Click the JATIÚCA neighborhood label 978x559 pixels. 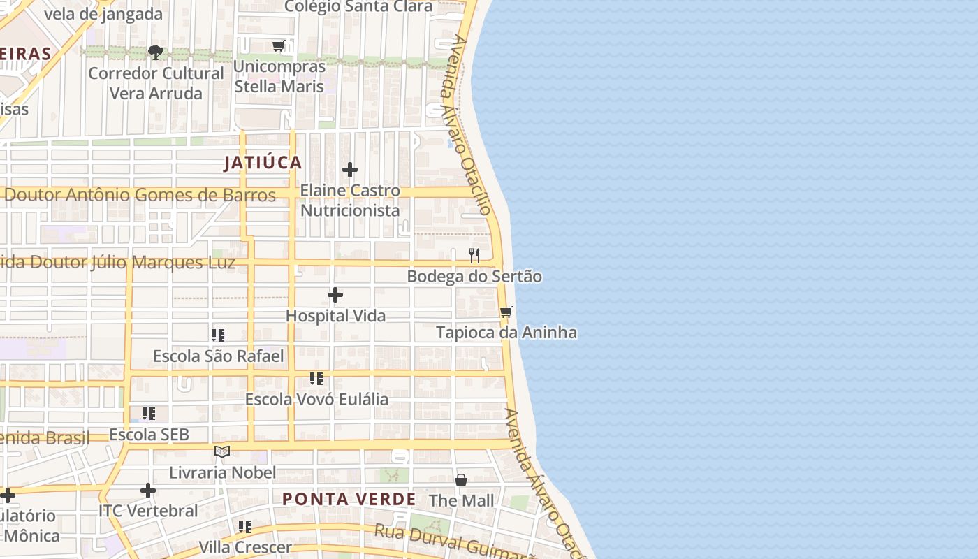[263, 163]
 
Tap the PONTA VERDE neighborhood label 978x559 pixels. [349, 500]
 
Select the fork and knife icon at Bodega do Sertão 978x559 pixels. [474, 255]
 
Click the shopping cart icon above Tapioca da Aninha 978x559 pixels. [506, 312]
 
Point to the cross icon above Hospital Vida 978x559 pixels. [335, 295]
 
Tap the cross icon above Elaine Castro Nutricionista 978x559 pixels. [350, 170]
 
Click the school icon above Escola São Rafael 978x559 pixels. [218, 335]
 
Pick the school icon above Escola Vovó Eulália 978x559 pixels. [316, 379]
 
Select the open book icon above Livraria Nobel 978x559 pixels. [222, 452]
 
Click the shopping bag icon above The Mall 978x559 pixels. [461, 480]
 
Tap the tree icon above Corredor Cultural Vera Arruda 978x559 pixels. [156, 52]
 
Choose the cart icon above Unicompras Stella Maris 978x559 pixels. [279, 46]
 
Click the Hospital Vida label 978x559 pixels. [335, 316]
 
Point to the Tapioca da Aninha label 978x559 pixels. [506, 333]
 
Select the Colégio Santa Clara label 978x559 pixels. [358, 7]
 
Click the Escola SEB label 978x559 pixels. [149, 435]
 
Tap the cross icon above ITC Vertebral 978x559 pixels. [148, 491]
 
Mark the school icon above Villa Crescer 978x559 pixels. [245, 526]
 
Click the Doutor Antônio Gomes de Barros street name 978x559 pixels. [140, 195]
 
